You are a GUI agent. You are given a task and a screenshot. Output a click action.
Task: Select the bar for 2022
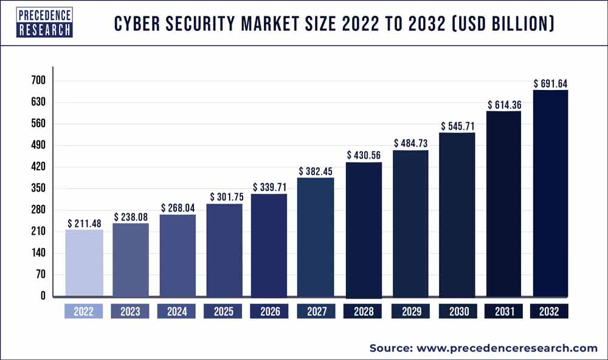(x=84, y=263)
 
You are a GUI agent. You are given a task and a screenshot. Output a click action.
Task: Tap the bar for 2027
(x=316, y=237)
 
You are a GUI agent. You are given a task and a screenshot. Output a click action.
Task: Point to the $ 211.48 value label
(x=84, y=223)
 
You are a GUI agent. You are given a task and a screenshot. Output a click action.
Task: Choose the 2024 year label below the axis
(x=177, y=312)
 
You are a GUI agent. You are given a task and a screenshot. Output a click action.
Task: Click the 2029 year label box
(x=410, y=312)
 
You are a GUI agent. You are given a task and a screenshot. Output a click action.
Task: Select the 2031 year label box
(x=504, y=312)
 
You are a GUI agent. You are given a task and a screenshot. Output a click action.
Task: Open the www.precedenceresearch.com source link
(x=506, y=348)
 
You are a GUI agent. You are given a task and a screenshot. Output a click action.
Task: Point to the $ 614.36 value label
(x=504, y=105)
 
